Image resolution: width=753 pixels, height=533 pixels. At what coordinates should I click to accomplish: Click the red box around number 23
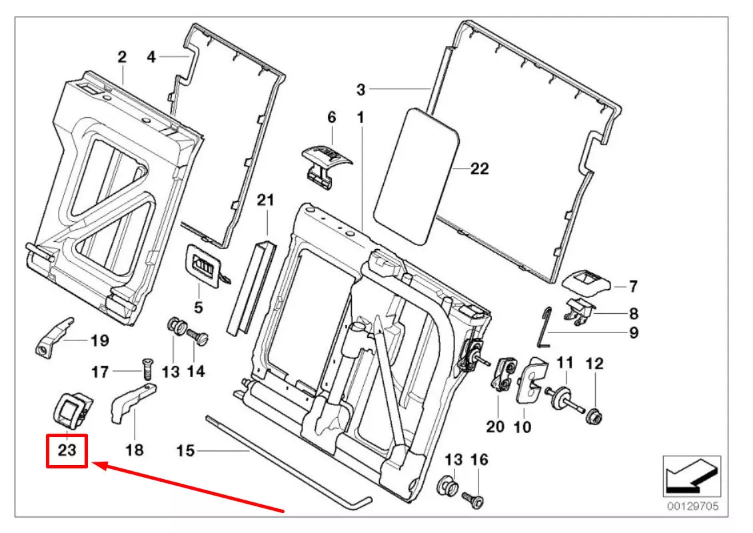click(x=67, y=451)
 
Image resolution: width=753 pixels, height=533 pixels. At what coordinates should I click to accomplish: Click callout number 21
click(x=266, y=199)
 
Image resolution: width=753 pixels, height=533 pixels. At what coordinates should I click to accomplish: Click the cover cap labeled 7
click(x=586, y=283)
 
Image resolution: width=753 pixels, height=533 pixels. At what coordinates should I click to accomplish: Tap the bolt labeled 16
click(x=474, y=496)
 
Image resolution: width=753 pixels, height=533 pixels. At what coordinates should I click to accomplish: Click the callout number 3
click(x=361, y=89)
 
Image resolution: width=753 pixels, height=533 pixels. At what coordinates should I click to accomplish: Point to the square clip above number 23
click(x=69, y=408)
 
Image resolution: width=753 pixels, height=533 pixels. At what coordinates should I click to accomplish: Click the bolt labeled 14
click(x=197, y=333)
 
